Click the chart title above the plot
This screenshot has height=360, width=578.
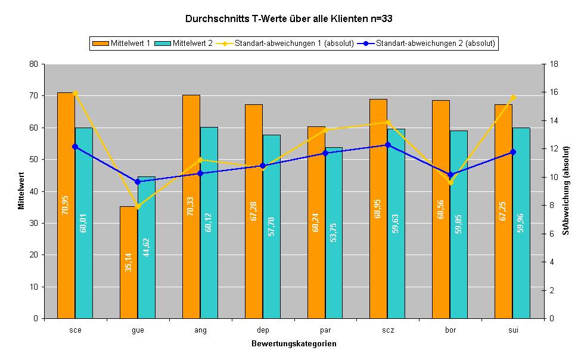click(x=288, y=18)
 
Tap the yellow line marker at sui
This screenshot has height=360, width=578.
click(x=512, y=97)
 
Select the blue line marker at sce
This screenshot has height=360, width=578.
click(x=75, y=147)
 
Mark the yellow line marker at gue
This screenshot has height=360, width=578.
click(x=138, y=206)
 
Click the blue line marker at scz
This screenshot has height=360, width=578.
click(x=387, y=145)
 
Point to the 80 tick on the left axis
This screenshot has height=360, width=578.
click(x=34, y=64)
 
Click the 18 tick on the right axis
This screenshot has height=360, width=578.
click(x=554, y=64)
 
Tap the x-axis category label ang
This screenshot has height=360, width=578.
click(x=200, y=330)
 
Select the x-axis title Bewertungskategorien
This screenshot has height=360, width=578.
click(x=293, y=344)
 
